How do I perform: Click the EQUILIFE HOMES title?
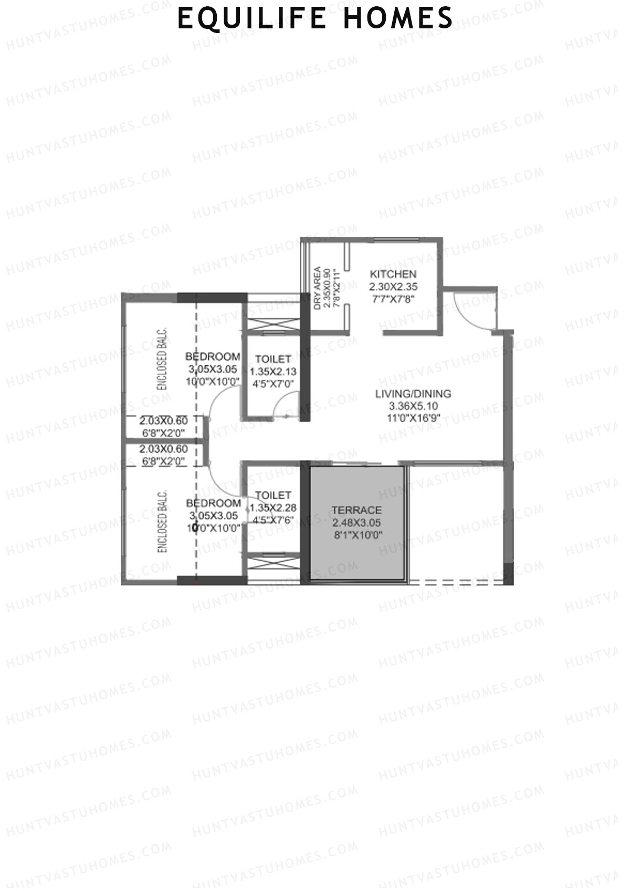[x=315, y=18]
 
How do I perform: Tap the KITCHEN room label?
[x=393, y=274]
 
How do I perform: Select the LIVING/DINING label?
[x=413, y=394]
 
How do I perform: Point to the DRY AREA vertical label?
[x=318, y=288]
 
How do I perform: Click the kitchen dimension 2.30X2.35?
[x=393, y=287]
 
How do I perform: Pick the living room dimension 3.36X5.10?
[x=413, y=406]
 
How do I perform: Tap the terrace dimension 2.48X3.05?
[x=356, y=523]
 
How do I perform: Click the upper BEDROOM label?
[x=213, y=357]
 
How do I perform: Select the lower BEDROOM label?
[x=213, y=503]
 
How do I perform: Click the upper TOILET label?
[x=273, y=359]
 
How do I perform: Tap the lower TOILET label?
[x=273, y=495]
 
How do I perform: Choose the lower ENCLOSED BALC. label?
[x=162, y=521]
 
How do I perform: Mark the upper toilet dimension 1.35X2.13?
[x=273, y=372]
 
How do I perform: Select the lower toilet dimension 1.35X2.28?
[x=273, y=508]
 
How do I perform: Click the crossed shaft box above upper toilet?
[x=272, y=325]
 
